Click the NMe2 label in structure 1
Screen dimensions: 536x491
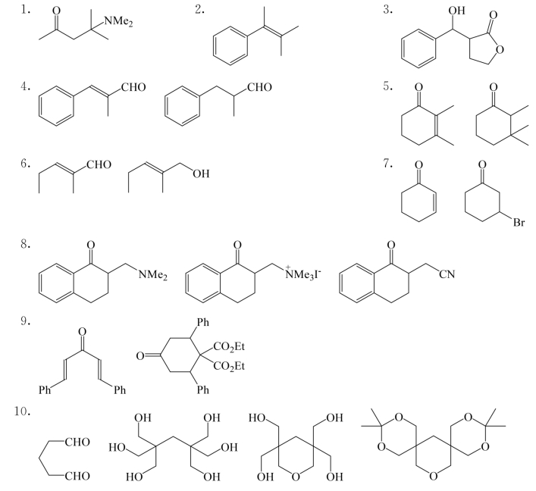118,22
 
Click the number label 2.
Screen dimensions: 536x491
199,10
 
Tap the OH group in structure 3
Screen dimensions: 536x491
456,11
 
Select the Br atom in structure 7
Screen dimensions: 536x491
519,223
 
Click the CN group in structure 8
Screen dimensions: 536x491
447,274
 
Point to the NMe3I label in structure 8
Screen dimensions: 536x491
302,274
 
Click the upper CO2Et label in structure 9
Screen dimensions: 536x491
229,347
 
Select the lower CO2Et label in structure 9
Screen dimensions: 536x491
229,367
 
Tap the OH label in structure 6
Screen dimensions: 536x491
201,174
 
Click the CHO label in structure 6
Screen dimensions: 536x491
99,164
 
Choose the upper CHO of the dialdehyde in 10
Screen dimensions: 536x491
77,443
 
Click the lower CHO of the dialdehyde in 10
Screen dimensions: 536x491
77,476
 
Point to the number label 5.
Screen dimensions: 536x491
387,87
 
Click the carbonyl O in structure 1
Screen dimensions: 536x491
56,11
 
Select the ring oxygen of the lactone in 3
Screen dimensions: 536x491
500,50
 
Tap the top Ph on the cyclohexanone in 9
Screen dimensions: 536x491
202,322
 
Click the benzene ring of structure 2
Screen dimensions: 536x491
230,45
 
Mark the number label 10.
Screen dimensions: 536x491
23,411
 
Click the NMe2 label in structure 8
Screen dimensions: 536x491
153,274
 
